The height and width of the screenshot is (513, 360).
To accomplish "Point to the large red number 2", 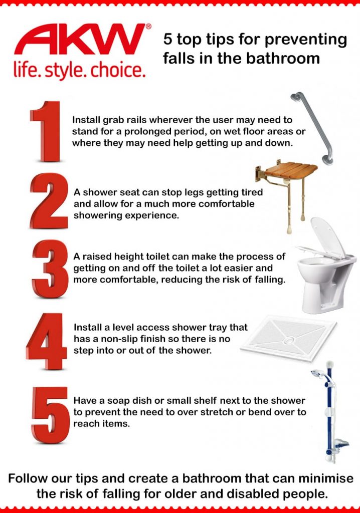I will click(x=49, y=200).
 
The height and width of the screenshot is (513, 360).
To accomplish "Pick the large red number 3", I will click(x=49, y=269).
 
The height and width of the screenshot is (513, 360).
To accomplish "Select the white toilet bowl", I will click(x=321, y=281).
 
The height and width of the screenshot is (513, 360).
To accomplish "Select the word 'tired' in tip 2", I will click(x=251, y=192).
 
